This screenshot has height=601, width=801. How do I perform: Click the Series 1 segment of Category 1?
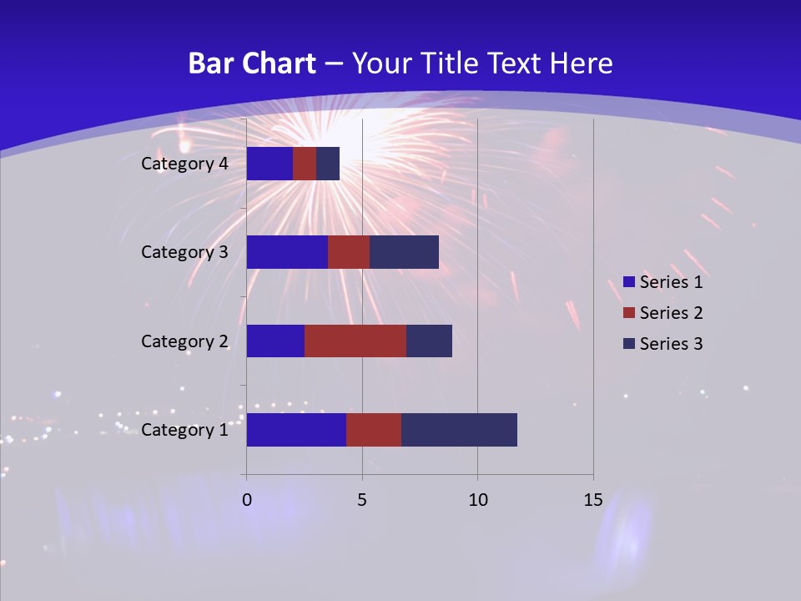coord(296,430)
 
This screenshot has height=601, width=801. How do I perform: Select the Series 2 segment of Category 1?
coord(374,430)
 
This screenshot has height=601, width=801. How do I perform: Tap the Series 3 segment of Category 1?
coord(459,430)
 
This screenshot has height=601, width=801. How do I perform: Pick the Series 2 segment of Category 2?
coord(355,341)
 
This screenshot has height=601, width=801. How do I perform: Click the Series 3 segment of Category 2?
coord(429,341)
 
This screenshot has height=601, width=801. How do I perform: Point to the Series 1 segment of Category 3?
coord(287,252)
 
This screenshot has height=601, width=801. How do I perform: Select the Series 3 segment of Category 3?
coord(404,252)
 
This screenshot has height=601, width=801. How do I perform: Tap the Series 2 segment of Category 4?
coord(305,164)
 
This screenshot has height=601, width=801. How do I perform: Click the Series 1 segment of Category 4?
coord(270,164)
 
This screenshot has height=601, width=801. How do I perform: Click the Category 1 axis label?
coord(184,430)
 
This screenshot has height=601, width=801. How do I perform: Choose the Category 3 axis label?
coord(184,252)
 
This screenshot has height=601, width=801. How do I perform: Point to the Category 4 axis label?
coord(184,164)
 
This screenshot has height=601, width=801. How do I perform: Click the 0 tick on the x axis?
coord(247,501)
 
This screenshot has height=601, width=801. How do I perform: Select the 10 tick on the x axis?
coord(477,501)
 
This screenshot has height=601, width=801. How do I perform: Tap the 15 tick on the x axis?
coord(592,501)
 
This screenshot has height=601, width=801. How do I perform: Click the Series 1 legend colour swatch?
coord(628,282)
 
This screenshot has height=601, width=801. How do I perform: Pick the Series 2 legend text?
coord(671,313)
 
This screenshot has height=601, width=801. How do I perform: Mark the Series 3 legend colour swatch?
coord(628,344)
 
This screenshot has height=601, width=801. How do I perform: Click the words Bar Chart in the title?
coord(252,63)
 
